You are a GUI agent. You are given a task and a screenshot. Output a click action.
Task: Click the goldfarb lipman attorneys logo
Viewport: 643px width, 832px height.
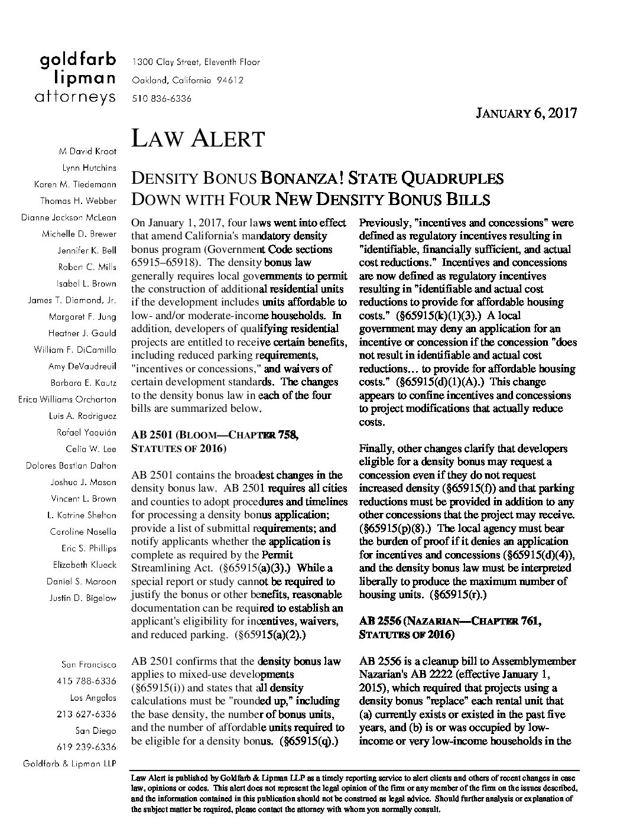click(x=77, y=78)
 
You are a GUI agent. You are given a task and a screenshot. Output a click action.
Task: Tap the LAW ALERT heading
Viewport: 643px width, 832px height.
click(x=197, y=139)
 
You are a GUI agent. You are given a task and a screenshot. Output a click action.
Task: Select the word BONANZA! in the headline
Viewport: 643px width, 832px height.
click(x=301, y=178)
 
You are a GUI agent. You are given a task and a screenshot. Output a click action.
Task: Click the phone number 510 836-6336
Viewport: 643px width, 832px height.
click(x=161, y=99)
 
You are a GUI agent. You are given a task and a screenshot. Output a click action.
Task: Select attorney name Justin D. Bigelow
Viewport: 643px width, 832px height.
click(x=85, y=597)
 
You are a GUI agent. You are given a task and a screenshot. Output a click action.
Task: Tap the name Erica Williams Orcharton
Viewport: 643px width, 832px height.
click(x=67, y=399)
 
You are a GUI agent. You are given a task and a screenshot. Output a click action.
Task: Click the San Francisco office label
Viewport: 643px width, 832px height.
click(x=89, y=664)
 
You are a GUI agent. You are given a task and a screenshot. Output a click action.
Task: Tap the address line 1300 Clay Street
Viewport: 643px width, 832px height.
click(x=196, y=62)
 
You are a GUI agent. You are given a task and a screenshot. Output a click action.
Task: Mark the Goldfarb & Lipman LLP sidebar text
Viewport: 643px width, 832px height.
click(x=69, y=763)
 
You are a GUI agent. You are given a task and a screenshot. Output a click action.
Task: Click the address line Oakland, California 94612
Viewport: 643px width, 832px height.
click(x=187, y=80)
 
